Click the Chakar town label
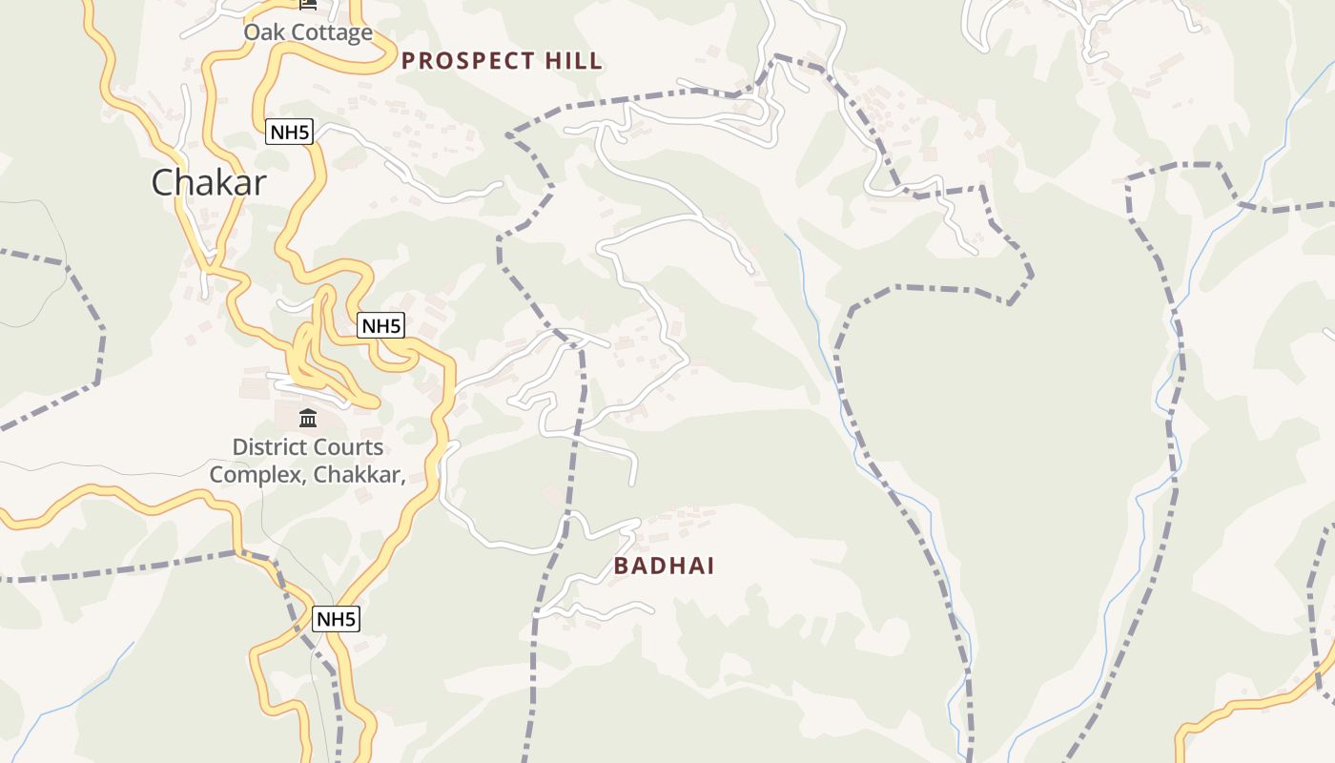(209, 182)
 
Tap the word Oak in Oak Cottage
(264, 32)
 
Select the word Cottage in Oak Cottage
(331, 32)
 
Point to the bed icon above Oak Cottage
(307, 4)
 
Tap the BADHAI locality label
(664, 566)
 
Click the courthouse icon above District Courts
(308, 418)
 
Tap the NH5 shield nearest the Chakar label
(289, 133)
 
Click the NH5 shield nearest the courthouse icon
(381, 326)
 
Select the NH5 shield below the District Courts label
(336, 619)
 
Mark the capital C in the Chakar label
(163, 182)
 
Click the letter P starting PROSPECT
(409, 61)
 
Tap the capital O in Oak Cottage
(253, 32)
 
